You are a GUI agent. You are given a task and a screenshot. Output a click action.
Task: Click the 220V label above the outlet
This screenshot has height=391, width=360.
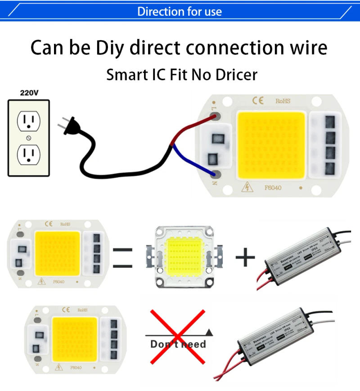29,93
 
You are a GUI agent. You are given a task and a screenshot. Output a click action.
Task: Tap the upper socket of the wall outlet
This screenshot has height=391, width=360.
28,121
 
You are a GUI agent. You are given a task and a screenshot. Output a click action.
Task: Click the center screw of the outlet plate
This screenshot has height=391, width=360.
29,137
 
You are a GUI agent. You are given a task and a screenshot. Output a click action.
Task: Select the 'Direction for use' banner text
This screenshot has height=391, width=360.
180,11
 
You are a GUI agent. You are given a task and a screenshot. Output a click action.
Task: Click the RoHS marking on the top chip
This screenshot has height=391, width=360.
283,101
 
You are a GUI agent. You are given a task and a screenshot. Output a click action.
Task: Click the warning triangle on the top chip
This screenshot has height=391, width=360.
247,187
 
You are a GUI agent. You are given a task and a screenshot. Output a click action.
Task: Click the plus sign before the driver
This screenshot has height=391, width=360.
245,257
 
